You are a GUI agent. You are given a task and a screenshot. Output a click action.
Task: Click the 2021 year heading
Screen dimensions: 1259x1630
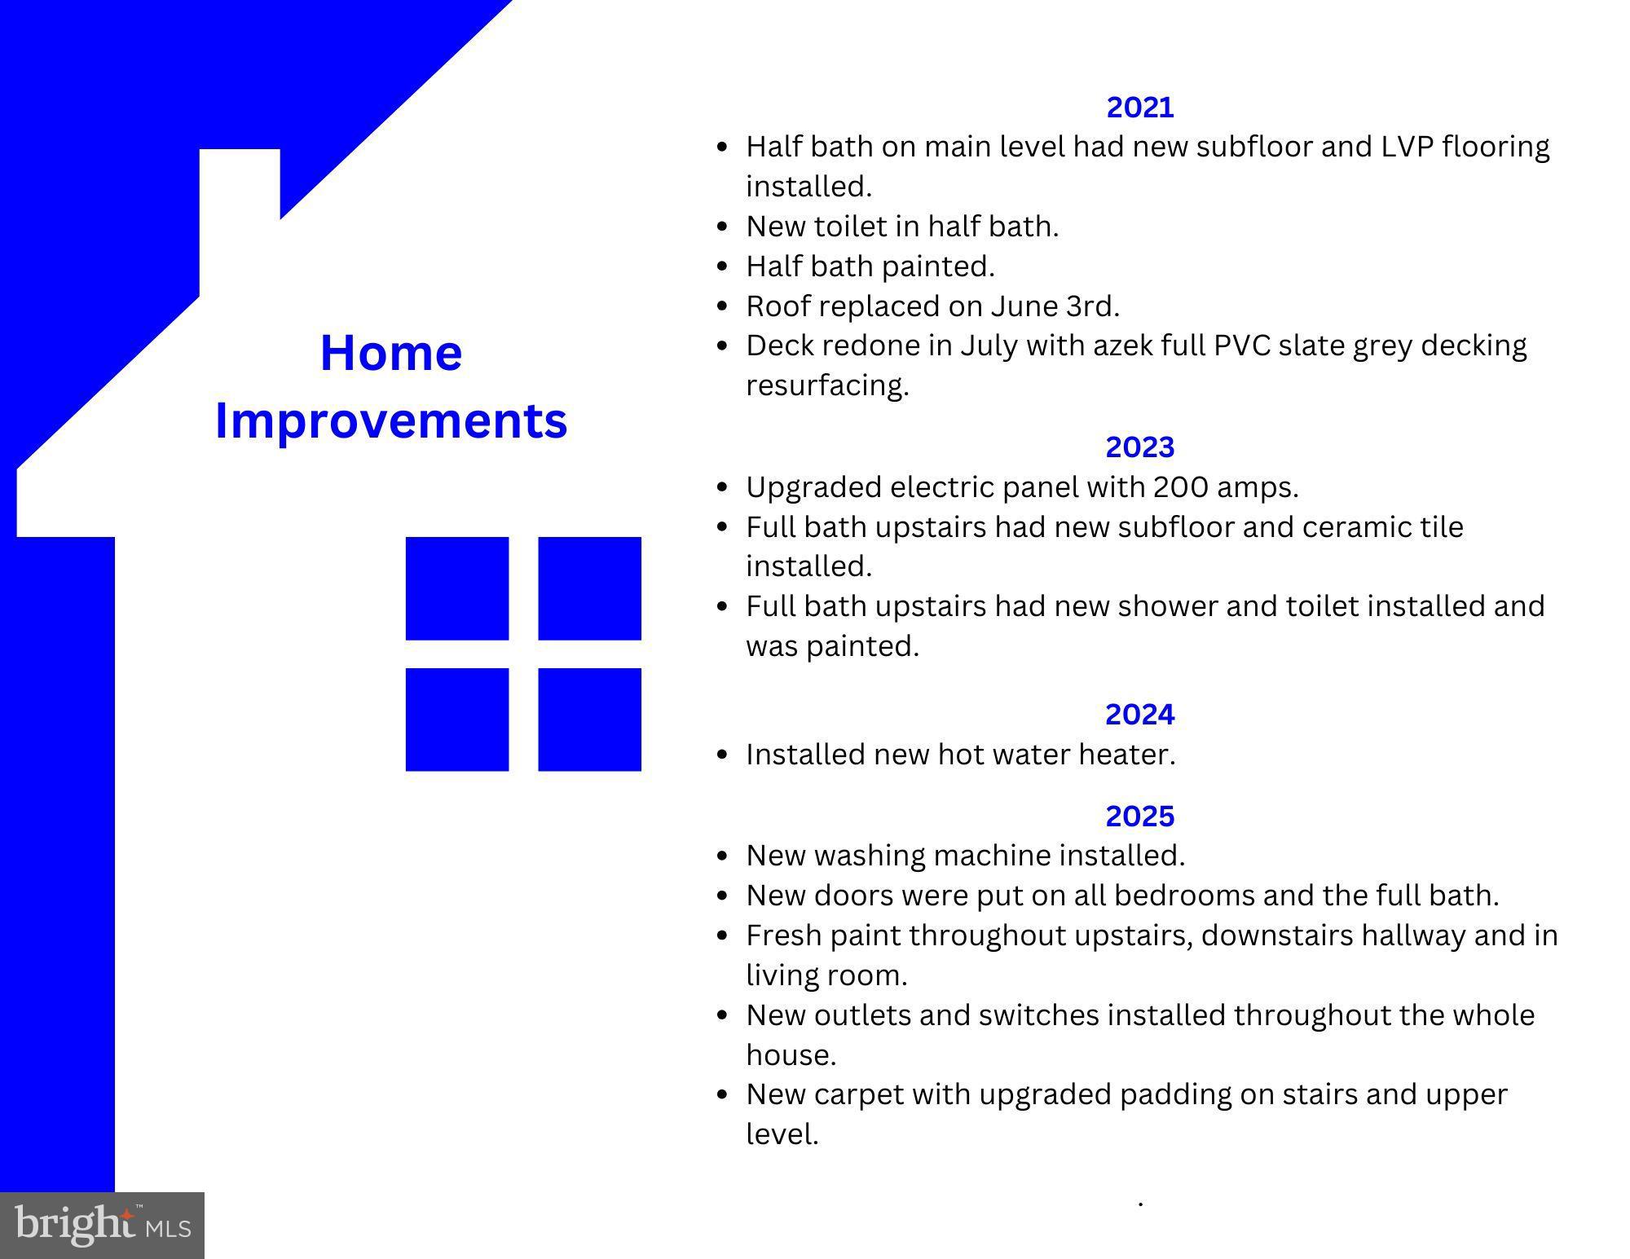1139,108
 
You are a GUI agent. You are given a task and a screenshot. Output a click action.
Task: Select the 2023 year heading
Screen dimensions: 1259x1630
1139,447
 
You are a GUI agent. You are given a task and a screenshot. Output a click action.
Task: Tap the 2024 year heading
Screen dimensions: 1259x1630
1139,715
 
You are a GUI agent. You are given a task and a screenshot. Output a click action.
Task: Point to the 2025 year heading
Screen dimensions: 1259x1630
1139,816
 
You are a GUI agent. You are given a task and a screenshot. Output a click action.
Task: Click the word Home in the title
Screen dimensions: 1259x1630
391,354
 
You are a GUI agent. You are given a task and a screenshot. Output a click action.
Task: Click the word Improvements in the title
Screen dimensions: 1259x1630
391,421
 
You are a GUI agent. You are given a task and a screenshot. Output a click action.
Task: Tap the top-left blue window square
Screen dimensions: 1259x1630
457,588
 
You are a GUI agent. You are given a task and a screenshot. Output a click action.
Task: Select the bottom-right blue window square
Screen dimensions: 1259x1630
589,720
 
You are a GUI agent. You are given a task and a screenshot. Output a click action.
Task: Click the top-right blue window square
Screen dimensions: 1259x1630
589,588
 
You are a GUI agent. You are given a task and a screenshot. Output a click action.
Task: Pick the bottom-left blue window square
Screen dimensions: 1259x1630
457,720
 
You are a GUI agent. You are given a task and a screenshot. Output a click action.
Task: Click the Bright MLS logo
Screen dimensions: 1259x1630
102,1225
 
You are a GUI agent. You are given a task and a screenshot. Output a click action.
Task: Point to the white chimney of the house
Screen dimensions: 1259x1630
240,212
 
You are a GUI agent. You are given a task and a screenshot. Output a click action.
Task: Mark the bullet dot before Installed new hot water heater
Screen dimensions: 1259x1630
721,755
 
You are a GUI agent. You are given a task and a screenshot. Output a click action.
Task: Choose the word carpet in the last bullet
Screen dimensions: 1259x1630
858,1094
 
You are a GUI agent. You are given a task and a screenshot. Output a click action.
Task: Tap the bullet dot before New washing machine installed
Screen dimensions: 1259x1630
721,856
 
